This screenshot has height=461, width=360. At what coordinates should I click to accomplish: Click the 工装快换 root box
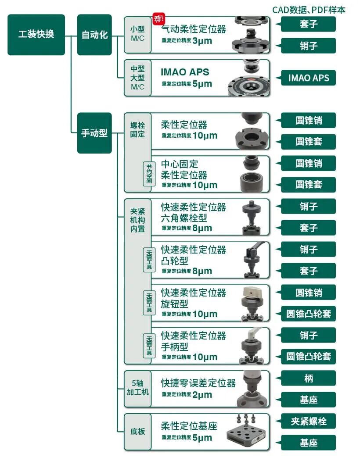click(x=36, y=35)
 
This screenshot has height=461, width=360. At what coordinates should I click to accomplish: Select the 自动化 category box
click(x=94, y=35)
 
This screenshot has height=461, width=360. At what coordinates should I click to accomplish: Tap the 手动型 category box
click(x=94, y=133)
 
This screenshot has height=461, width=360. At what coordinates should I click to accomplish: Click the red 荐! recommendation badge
click(x=158, y=18)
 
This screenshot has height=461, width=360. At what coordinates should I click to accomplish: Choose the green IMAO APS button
click(x=308, y=78)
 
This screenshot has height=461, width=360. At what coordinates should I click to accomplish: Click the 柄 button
click(x=308, y=378)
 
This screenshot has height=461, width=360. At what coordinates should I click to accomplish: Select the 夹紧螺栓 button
click(x=308, y=421)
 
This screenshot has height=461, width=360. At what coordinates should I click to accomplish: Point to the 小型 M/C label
click(x=137, y=34)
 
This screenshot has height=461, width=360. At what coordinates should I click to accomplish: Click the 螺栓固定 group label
click(x=137, y=129)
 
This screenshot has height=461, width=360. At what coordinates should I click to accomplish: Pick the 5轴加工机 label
click(x=137, y=387)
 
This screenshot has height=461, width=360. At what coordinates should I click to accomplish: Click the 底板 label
click(x=137, y=431)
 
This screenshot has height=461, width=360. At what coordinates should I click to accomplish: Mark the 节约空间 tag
click(x=150, y=174)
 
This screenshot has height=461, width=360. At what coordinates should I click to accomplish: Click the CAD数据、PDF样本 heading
click(x=308, y=9)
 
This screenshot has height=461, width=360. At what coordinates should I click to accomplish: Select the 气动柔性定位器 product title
click(x=194, y=29)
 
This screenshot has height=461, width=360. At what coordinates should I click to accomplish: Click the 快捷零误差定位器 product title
click(x=198, y=383)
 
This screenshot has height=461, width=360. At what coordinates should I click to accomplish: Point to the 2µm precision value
click(x=202, y=395)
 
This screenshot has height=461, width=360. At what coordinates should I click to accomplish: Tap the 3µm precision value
click(x=202, y=41)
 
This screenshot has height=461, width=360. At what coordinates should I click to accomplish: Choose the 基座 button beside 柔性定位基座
click(x=308, y=443)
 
